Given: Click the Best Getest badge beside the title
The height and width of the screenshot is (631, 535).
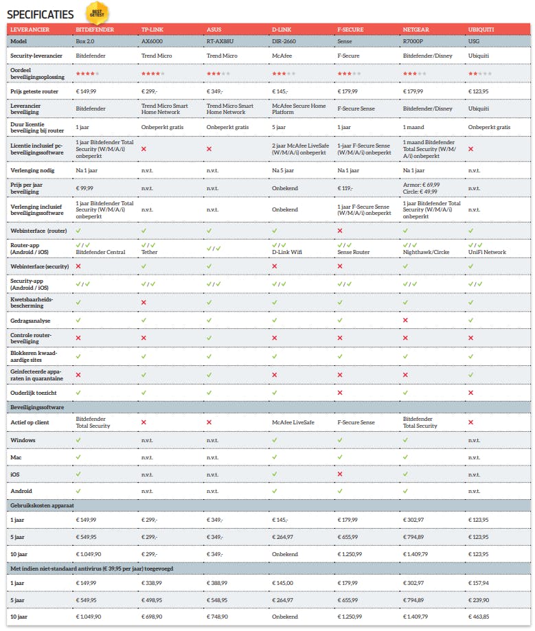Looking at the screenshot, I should pyautogui.click(x=98, y=12).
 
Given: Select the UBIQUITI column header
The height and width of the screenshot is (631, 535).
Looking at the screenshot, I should pyautogui.click(x=481, y=30).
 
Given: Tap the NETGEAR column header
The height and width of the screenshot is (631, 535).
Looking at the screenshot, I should pyautogui.click(x=418, y=30).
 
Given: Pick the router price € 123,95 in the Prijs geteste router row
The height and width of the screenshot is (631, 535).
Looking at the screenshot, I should pyautogui.click(x=482, y=91).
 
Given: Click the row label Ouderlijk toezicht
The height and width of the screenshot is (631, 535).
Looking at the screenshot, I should pyautogui.click(x=35, y=392).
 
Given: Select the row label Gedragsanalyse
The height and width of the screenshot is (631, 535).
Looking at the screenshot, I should pyautogui.click(x=30, y=320).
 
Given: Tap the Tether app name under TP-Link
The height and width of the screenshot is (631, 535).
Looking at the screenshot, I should pyautogui.click(x=150, y=252).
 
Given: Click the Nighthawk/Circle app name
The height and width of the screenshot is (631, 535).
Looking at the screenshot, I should pyautogui.click(x=426, y=252).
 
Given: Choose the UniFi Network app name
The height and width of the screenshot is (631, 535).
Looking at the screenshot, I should pyautogui.click(x=487, y=252).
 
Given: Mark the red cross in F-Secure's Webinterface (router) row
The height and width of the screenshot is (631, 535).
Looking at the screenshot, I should pyautogui.click(x=340, y=231).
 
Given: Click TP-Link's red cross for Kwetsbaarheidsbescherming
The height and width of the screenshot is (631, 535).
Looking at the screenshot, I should pyautogui.click(x=144, y=302).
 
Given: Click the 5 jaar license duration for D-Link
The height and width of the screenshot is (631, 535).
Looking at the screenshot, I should pyautogui.click(x=280, y=127).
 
